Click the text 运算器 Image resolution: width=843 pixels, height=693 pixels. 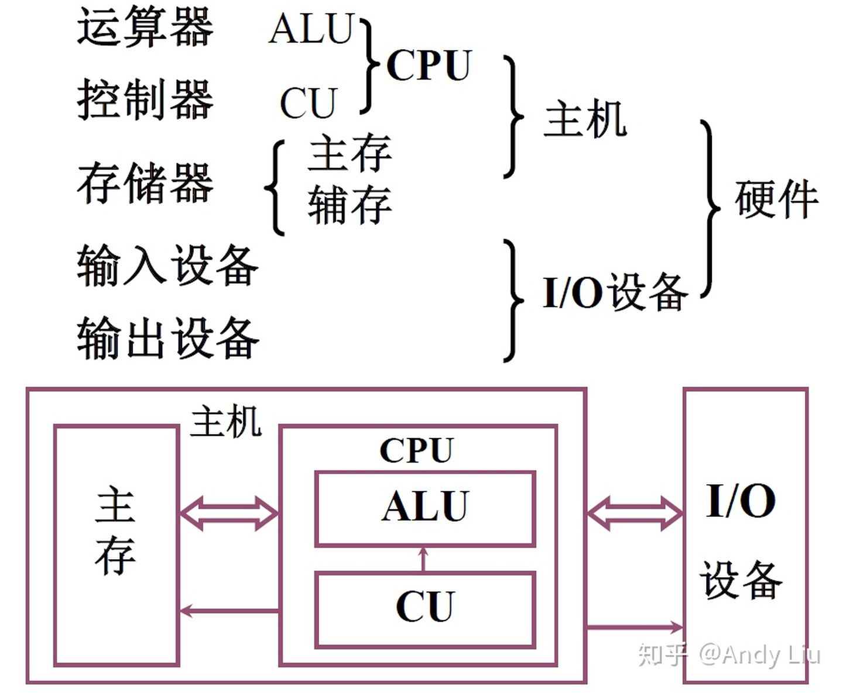click(x=145, y=27)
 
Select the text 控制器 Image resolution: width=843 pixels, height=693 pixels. click(x=145, y=99)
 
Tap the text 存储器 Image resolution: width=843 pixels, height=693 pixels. click(x=145, y=183)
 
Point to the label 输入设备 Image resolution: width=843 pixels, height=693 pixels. click(x=167, y=266)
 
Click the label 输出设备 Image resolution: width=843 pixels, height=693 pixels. click(x=167, y=337)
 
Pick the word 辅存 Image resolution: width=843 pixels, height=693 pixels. click(x=349, y=205)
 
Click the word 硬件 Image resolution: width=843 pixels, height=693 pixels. click(x=776, y=199)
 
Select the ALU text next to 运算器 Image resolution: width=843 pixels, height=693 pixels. click(x=312, y=29)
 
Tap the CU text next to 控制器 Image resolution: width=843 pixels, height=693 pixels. click(x=309, y=103)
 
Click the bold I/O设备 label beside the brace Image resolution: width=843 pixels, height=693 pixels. click(x=615, y=291)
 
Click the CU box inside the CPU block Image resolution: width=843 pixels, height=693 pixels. click(x=425, y=609)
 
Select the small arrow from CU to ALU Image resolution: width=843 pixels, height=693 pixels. click(x=423, y=559)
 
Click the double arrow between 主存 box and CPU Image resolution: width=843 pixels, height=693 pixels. click(x=228, y=513)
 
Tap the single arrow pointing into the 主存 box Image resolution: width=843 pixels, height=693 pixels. click(x=228, y=612)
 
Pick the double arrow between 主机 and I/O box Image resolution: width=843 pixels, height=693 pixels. click(x=635, y=513)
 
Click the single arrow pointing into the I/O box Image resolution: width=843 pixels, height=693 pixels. click(x=635, y=628)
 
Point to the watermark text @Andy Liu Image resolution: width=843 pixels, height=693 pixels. click(x=759, y=654)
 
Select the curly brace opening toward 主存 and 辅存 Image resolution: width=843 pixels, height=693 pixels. click(x=276, y=188)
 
